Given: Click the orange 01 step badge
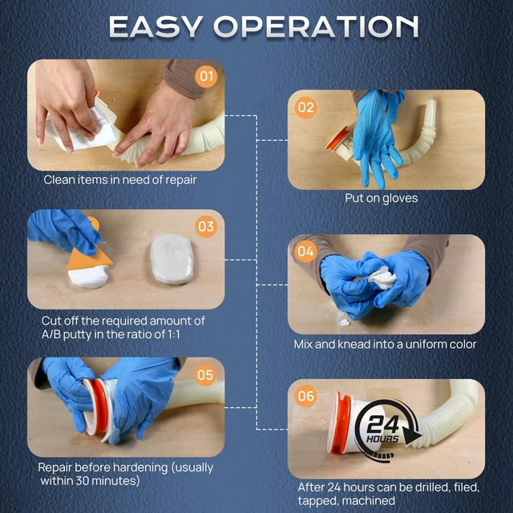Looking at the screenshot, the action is pos(206,77).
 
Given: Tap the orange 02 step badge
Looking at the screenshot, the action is pos(305,107).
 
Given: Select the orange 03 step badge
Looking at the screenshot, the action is pos(206,226).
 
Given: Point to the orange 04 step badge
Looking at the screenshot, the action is pos(305,251).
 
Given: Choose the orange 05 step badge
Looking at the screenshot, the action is pos(205,375).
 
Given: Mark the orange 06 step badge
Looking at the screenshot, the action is pos(305,396).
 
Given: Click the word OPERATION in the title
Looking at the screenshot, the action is pos(316,26).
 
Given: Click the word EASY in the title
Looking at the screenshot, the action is pos(156,26).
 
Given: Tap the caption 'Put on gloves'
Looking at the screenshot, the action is pos(382,198).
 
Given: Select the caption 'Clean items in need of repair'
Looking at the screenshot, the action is pos(120,180).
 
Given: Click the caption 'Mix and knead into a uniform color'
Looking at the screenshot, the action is pos(385,344).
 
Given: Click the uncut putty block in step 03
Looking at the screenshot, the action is pos(172,259).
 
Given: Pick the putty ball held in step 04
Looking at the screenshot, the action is pos(382,278).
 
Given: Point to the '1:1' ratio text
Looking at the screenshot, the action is pos(172,334).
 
